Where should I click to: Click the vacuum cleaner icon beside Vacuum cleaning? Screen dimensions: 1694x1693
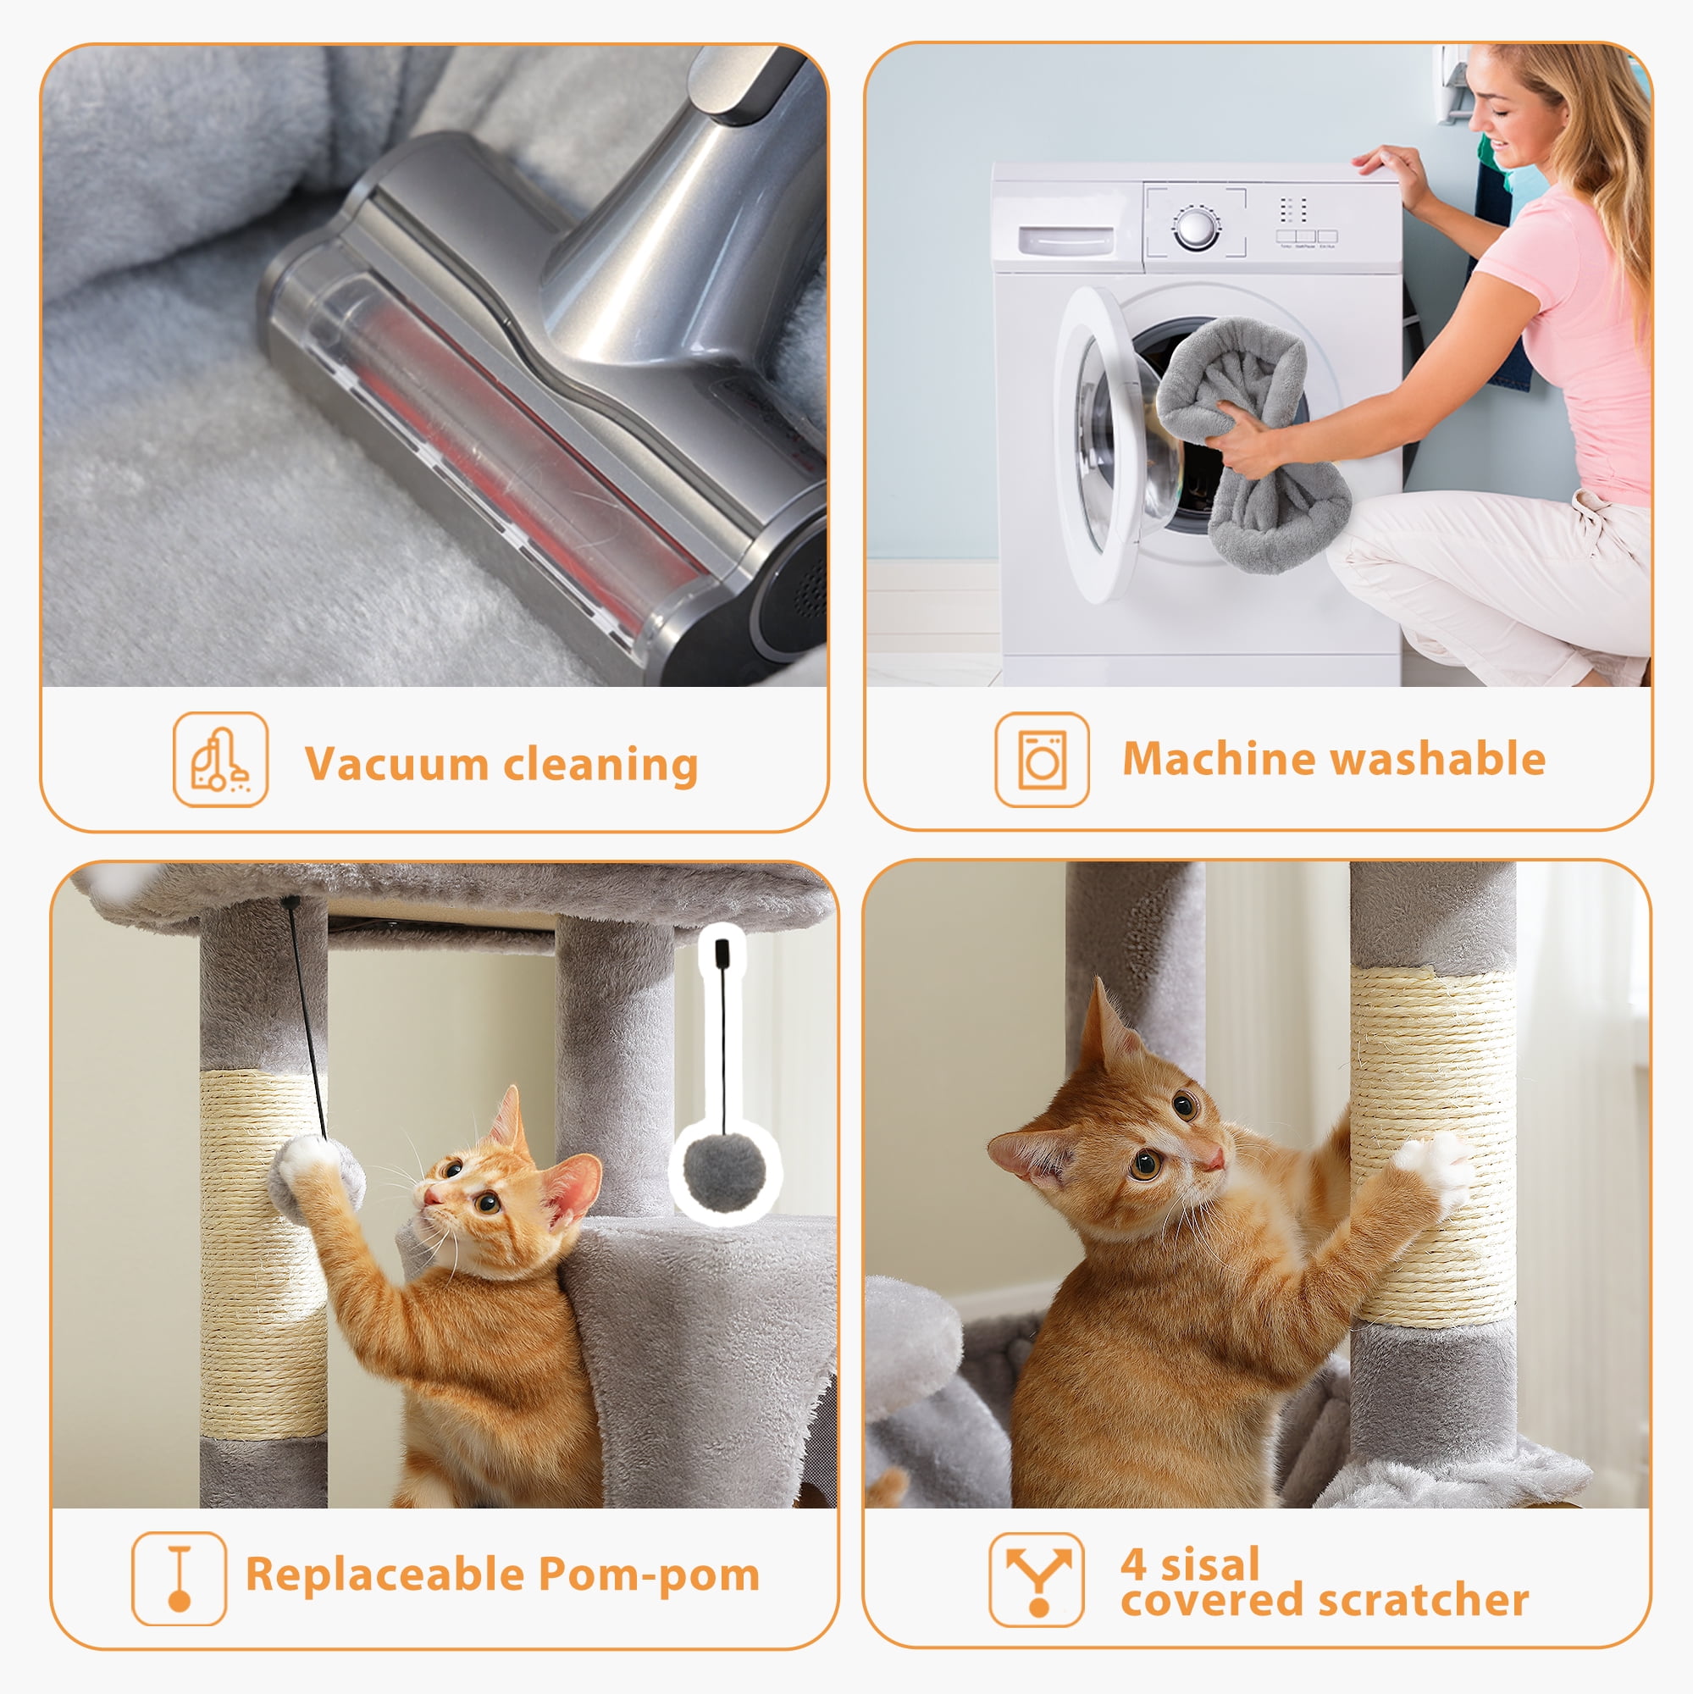coord(220,759)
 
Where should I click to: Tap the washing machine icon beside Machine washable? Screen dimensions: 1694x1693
coord(1042,759)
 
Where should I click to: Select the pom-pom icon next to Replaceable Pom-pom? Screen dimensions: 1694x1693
coord(179,1578)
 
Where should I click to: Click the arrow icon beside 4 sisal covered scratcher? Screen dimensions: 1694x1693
coord(1037,1579)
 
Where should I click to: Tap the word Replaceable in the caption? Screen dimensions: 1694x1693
coord(384,1574)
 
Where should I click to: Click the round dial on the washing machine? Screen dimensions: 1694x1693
coord(1196,228)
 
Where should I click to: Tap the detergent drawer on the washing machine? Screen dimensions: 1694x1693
coord(1066,240)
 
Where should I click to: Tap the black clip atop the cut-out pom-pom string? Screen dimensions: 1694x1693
coord(722,952)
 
